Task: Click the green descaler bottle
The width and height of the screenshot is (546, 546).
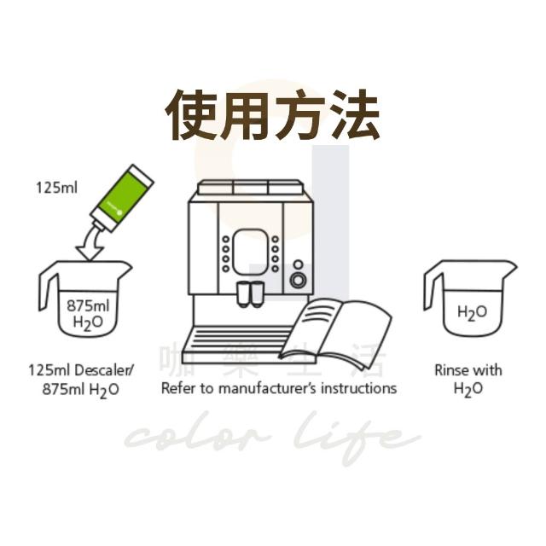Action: click(122, 198)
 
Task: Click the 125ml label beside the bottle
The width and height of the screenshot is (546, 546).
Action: click(57, 188)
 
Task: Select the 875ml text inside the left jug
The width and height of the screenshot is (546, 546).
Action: click(88, 305)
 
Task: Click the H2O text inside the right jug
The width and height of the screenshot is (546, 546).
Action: click(472, 313)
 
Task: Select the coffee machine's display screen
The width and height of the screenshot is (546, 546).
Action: click(250, 253)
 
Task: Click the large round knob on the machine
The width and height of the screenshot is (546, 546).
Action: click(298, 280)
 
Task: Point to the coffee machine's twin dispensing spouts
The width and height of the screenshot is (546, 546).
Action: click(250, 294)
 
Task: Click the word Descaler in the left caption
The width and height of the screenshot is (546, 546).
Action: click(104, 370)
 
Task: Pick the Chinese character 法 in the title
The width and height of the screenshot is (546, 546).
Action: click(355, 114)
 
